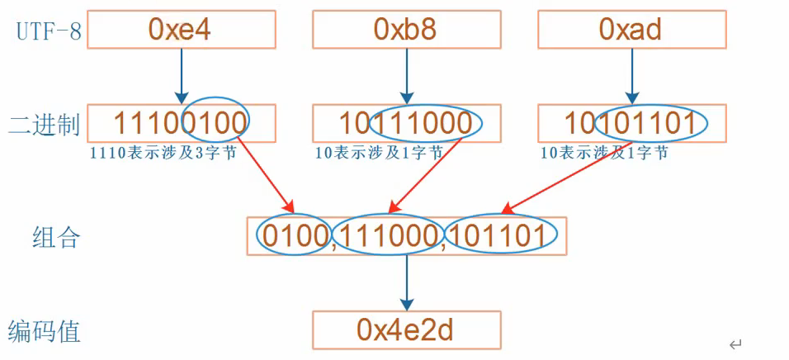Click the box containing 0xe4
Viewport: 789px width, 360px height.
coord(181,29)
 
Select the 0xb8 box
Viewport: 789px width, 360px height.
coord(406,29)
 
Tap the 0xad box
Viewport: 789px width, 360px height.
coord(631,29)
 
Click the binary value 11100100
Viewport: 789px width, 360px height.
coord(181,123)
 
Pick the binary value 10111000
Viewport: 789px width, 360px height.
coord(406,123)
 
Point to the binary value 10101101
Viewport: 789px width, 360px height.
coord(631,123)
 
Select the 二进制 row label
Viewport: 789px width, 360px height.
coord(44,126)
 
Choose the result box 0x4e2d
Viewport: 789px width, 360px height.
coord(406,329)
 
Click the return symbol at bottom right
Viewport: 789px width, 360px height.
coord(735,343)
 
